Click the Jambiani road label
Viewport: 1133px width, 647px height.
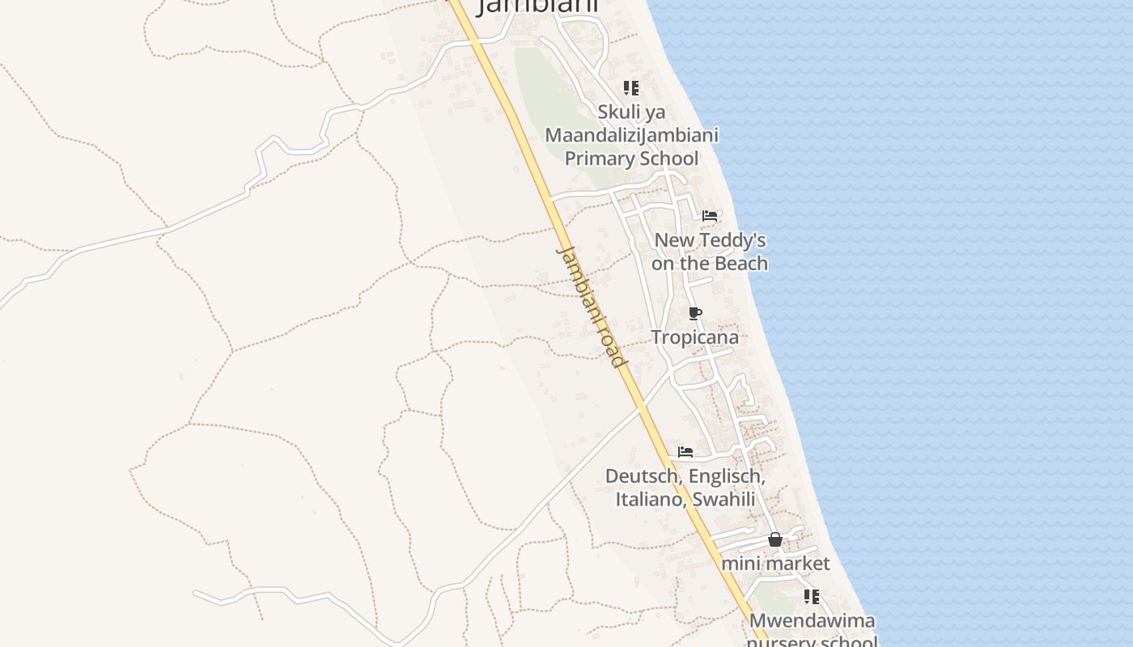[592, 307]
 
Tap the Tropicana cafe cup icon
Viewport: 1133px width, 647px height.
[694, 314]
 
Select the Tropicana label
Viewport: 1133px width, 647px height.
[694, 337]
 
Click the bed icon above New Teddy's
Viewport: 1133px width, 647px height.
[710, 216]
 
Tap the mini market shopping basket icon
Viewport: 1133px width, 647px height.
[774, 539]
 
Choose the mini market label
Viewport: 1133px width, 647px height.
[775, 563]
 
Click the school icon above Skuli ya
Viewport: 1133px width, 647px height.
[630, 88]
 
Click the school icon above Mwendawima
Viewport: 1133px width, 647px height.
[811, 597]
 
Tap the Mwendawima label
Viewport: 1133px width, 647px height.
[812, 621]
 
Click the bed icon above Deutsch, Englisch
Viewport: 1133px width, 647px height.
[685, 452]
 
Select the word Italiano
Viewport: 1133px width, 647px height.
[650, 499]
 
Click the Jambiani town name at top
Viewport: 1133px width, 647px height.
[537, 6]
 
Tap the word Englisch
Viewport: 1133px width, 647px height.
[726, 476]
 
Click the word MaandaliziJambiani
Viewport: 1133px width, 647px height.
[631, 135]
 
